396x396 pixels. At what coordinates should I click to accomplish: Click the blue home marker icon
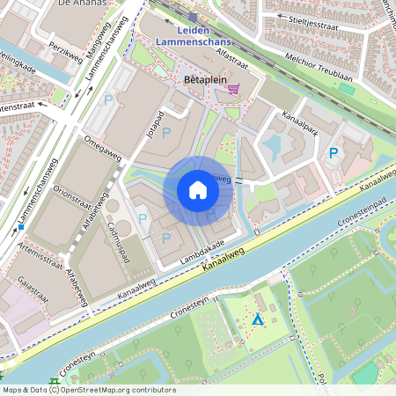tap(198, 190)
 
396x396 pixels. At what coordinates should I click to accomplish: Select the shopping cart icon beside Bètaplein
tap(233, 88)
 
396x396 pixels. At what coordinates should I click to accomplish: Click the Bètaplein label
tap(200, 79)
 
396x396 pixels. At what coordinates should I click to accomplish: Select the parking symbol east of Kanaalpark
tap(334, 153)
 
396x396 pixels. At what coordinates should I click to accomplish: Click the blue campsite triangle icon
tap(257, 319)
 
